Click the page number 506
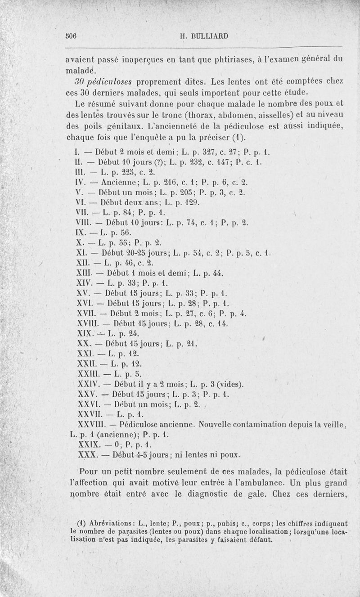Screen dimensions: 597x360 click(x=71, y=37)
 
